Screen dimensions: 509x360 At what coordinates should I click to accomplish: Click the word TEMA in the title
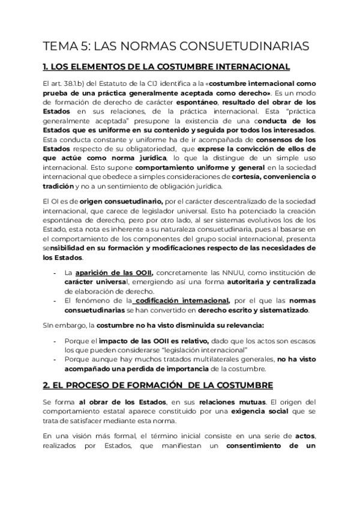pos(58,46)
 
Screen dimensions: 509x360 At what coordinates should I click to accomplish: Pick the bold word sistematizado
pos(281,310)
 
